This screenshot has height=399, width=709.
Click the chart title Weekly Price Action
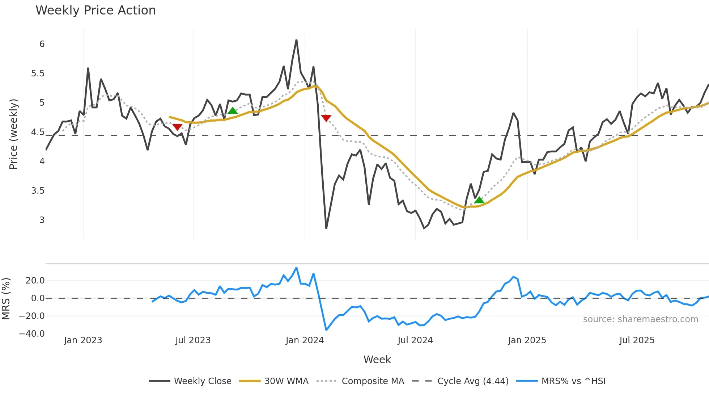95,10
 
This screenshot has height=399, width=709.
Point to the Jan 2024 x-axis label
305,340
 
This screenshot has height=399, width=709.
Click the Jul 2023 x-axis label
193,340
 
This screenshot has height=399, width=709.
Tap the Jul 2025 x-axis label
637,340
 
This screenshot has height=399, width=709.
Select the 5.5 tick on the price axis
38,73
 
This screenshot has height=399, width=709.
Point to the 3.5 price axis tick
38,191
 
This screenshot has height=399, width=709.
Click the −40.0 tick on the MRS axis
32,334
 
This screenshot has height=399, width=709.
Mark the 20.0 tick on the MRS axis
35,281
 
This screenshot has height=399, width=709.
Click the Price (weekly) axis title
13,134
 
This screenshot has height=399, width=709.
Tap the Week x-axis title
377,360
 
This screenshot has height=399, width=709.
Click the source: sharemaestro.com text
640,319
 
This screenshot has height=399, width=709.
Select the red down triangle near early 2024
326,118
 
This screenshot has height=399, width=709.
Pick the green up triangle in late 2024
479,200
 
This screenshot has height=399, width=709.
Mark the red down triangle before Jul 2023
177,127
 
